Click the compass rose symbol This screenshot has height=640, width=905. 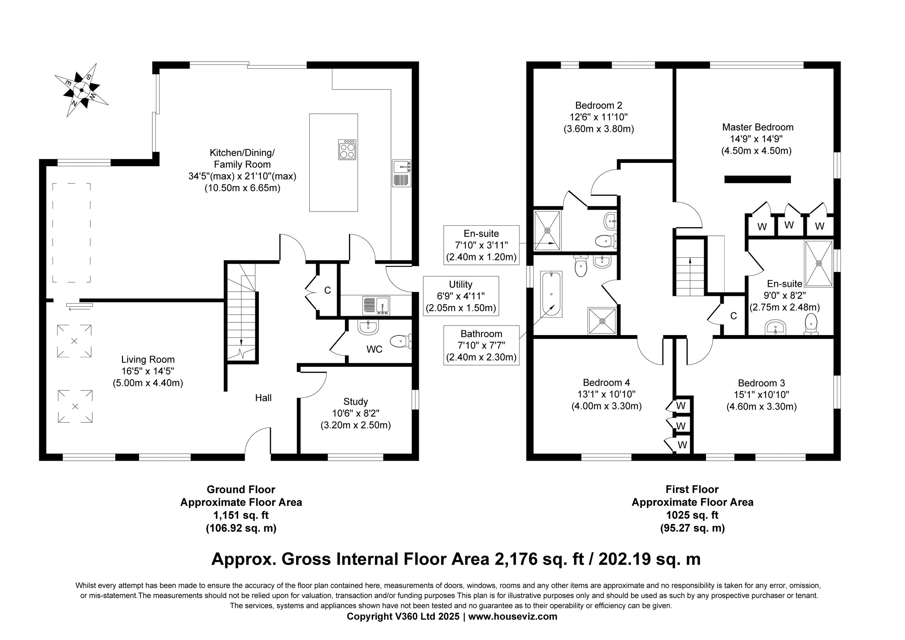tap(81, 90)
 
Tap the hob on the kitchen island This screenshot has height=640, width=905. tap(347, 150)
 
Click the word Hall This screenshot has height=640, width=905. tap(263, 398)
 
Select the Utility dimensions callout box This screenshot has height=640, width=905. tap(461, 296)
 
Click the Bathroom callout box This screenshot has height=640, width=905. tap(481, 346)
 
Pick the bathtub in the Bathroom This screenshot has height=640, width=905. tap(551, 294)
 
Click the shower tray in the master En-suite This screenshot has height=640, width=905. tap(819, 263)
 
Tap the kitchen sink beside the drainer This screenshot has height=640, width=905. tap(402, 167)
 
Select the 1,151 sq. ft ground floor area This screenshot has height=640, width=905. tap(241, 515)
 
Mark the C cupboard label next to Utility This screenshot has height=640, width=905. tap(328, 290)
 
